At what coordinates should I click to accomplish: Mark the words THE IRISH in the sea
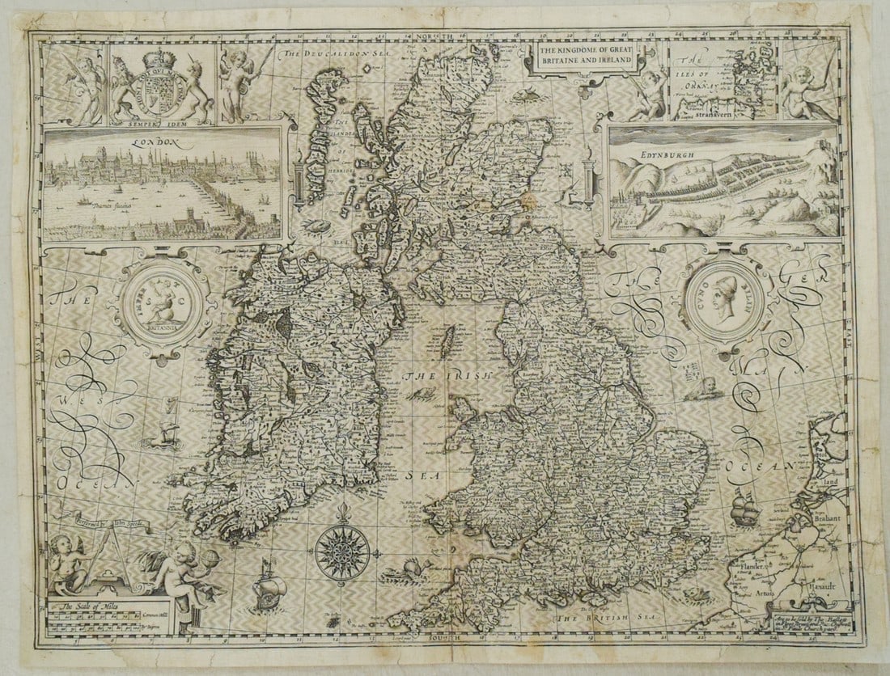(x=437, y=377)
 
